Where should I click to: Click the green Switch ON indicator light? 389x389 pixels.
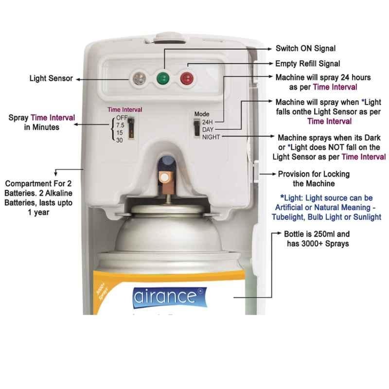click(x=163, y=78)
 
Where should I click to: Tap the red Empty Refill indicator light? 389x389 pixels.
click(x=187, y=78)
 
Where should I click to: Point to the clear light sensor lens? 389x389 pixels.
click(x=139, y=78)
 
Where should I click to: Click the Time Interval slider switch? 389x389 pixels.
click(x=131, y=128)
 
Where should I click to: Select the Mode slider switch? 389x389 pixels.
click(x=197, y=127)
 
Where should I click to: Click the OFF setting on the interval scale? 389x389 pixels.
click(x=122, y=118)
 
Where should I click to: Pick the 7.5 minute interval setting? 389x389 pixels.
click(x=120, y=125)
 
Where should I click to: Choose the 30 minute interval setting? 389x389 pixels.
click(x=120, y=140)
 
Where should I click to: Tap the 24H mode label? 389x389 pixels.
click(x=208, y=122)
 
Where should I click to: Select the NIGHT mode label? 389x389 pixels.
click(x=211, y=137)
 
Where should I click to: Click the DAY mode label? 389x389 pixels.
click(x=208, y=129)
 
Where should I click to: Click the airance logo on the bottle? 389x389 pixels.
click(x=169, y=297)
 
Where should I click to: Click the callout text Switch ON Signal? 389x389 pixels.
click(x=306, y=48)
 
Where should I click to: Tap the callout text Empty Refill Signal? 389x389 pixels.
click(x=308, y=64)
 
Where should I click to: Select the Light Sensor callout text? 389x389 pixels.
click(x=51, y=78)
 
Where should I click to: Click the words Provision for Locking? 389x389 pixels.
click(x=314, y=174)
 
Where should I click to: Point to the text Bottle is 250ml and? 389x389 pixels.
click(x=317, y=234)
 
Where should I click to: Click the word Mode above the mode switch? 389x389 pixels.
click(x=202, y=114)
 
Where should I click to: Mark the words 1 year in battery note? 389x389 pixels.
click(x=38, y=212)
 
